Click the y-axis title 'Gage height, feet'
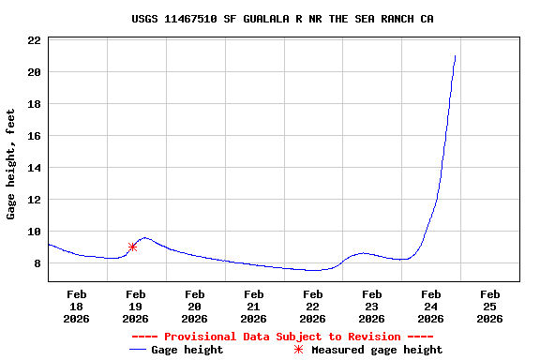(11, 164)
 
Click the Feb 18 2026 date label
(76, 307)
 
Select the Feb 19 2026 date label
(135, 307)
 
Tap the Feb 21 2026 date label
(253, 307)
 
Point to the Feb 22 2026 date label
(312, 307)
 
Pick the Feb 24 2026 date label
(430, 307)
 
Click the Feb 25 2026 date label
(489, 307)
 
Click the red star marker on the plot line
(132, 247)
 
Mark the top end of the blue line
(455, 56)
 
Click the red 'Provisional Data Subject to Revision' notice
(282, 337)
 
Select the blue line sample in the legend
(139, 350)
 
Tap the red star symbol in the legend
(299, 350)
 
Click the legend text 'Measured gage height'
(377, 350)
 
